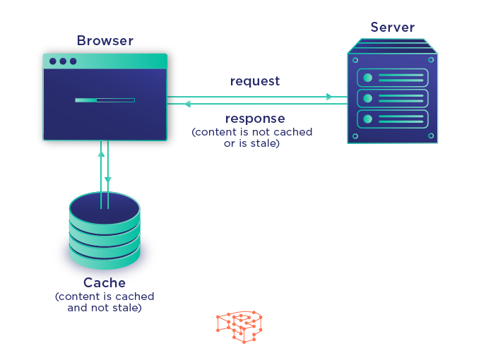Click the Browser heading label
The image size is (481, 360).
coord(105,41)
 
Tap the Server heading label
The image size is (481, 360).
coord(392,28)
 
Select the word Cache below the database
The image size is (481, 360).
coord(105,283)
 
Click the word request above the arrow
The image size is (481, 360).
coord(255,81)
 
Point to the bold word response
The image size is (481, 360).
coord(255,119)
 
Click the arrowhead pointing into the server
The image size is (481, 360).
coord(329,97)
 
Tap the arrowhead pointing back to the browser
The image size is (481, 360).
coord(187,104)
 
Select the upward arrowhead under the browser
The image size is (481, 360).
coord(101,152)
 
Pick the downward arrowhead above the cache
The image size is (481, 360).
coord(108,180)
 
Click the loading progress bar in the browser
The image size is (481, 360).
coord(105,100)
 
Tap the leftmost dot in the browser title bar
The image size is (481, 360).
coord(52,61)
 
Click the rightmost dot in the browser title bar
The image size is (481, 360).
coord(73,61)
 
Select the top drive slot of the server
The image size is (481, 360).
coord(393,78)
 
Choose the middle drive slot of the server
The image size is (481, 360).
coord(393,98)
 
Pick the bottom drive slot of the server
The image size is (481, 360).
coord(393,119)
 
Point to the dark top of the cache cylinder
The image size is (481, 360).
coord(105,205)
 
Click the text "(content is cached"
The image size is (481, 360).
coord(105,296)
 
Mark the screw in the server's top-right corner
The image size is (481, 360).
coord(431,60)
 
